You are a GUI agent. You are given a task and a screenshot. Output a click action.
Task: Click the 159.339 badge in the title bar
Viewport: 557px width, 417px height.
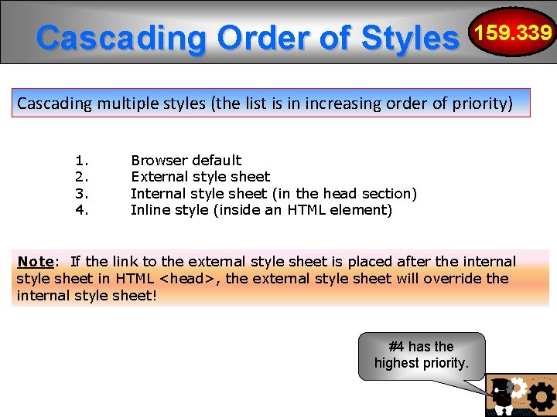click(514, 33)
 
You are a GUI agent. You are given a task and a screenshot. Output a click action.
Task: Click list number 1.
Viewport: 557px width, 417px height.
click(82, 161)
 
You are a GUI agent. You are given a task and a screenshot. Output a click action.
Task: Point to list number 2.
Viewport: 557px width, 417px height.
click(82, 177)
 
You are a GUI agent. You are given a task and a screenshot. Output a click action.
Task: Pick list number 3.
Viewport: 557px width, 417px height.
click(82, 193)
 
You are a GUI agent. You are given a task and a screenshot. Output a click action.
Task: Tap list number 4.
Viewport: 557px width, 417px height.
click(82, 209)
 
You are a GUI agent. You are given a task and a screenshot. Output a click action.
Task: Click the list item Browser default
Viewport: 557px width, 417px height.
click(186, 161)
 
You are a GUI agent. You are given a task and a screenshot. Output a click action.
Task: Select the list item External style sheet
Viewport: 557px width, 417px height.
click(200, 177)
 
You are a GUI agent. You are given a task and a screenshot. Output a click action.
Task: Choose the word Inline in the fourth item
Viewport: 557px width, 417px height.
click(149, 209)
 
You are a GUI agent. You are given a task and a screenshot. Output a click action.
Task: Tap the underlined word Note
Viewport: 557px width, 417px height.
click(36, 262)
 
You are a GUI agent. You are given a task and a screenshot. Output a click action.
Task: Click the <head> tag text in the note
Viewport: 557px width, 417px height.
click(187, 279)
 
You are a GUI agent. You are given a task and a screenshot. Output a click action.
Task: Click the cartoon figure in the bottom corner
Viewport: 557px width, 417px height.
click(503, 395)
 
